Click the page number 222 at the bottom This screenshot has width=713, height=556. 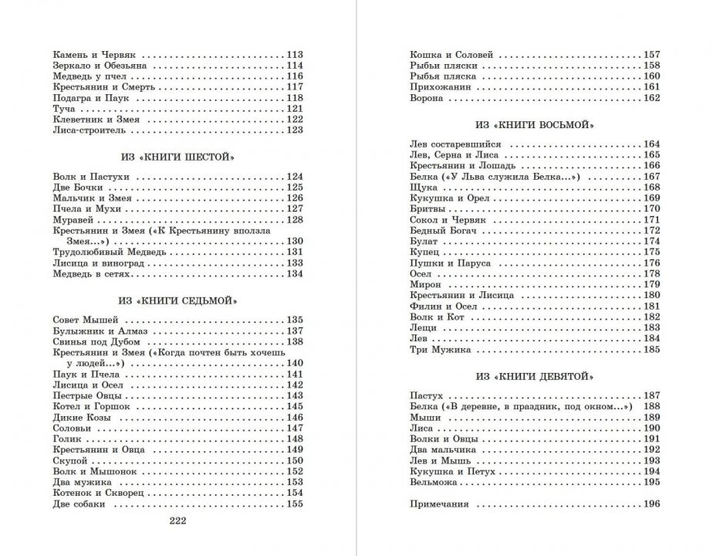click(x=177, y=520)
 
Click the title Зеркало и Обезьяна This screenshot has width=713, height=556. click(x=100, y=66)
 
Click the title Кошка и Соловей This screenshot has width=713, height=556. click(x=451, y=55)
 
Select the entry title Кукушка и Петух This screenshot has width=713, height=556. click(x=452, y=471)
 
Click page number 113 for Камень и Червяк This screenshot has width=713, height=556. click(x=294, y=55)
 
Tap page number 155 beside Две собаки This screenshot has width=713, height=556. click(x=294, y=504)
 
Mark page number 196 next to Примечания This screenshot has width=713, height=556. click(x=650, y=504)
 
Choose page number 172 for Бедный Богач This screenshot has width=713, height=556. click(x=650, y=230)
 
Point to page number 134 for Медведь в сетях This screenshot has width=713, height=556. click(x=294, y=274)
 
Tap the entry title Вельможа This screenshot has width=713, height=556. click(x=434, y=482)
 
